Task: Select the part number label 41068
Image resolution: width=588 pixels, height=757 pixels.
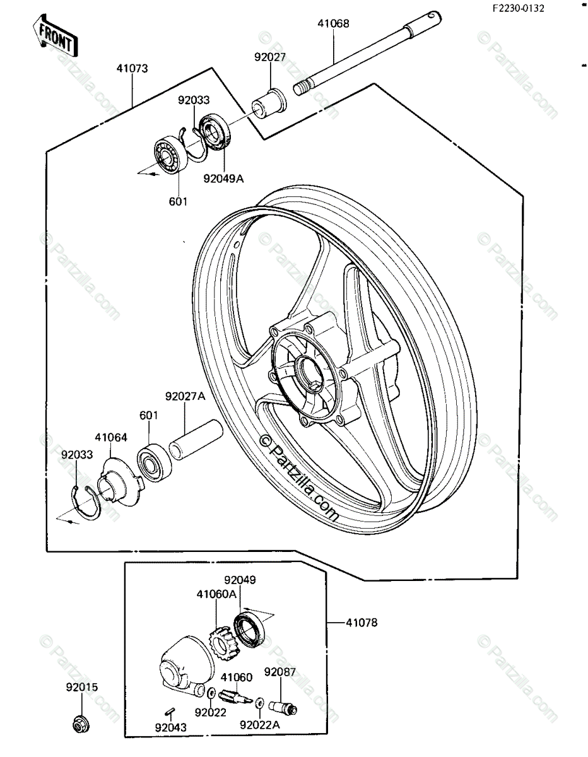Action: coord(333,24)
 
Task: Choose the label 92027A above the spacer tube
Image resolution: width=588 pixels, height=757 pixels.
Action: coord(185,397)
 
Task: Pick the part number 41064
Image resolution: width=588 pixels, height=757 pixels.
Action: coord(111,436)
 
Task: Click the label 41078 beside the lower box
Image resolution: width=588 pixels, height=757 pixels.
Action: coord(362,623)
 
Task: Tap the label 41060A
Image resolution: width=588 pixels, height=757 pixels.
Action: coord(216,594)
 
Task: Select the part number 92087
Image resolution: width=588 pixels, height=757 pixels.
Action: coord(280,672)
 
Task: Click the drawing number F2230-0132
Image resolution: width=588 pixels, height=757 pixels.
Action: coord(519,8)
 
